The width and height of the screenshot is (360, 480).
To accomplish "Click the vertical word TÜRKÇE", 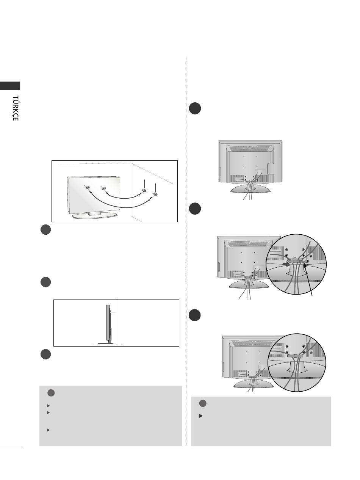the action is [15, 108].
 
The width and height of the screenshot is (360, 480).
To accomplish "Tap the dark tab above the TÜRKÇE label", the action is [10, 86].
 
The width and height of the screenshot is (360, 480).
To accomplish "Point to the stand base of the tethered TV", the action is [95, 215].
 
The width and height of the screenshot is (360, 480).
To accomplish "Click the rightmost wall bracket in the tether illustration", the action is [155, 194].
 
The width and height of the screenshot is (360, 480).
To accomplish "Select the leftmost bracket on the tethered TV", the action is [87, 188].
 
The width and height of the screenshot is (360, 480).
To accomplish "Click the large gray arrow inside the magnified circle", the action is [286, 264].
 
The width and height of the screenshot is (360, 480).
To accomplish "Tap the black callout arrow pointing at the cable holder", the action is [308, 279].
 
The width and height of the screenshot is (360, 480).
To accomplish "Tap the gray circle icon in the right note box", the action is [203, 403].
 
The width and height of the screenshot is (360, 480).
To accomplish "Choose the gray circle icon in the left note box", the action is [51, 393].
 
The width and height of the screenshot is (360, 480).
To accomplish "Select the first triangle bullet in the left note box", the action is [49, 406].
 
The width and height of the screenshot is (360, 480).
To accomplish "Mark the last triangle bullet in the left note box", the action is [49, 430].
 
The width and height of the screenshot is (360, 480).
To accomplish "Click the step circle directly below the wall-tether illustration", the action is [46, 229].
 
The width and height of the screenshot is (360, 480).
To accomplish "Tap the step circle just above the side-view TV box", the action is [46, 282].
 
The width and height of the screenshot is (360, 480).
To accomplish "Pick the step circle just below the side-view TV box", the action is [46, 354].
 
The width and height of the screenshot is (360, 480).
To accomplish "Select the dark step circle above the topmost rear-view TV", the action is [195, 108].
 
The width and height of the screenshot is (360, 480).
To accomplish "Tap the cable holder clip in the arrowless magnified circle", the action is [295, 356].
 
